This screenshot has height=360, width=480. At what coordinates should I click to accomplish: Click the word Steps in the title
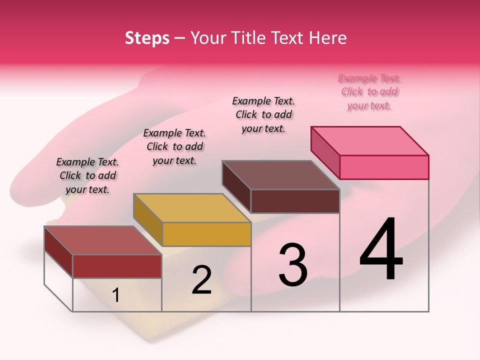(147, 38)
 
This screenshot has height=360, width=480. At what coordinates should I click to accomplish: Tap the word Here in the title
(328, 38)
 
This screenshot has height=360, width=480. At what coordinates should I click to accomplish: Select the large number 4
(381, 250)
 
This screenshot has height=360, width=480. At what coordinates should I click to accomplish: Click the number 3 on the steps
(293, 265)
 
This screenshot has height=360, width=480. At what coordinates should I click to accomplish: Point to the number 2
(201, 280)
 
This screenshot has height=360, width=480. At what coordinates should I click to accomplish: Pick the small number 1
(116, 295)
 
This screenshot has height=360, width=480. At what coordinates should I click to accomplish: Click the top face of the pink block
(370, 140)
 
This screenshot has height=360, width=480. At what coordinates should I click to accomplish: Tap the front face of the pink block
(384, 167)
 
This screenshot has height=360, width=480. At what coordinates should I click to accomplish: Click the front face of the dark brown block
(295, 201)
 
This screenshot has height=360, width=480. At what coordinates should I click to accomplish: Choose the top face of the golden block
(192, 208)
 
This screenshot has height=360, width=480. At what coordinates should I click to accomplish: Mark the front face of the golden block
(206, 234)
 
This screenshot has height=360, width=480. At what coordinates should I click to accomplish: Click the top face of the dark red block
(103, 240)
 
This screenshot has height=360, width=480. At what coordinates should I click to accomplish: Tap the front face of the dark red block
(117, 266)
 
